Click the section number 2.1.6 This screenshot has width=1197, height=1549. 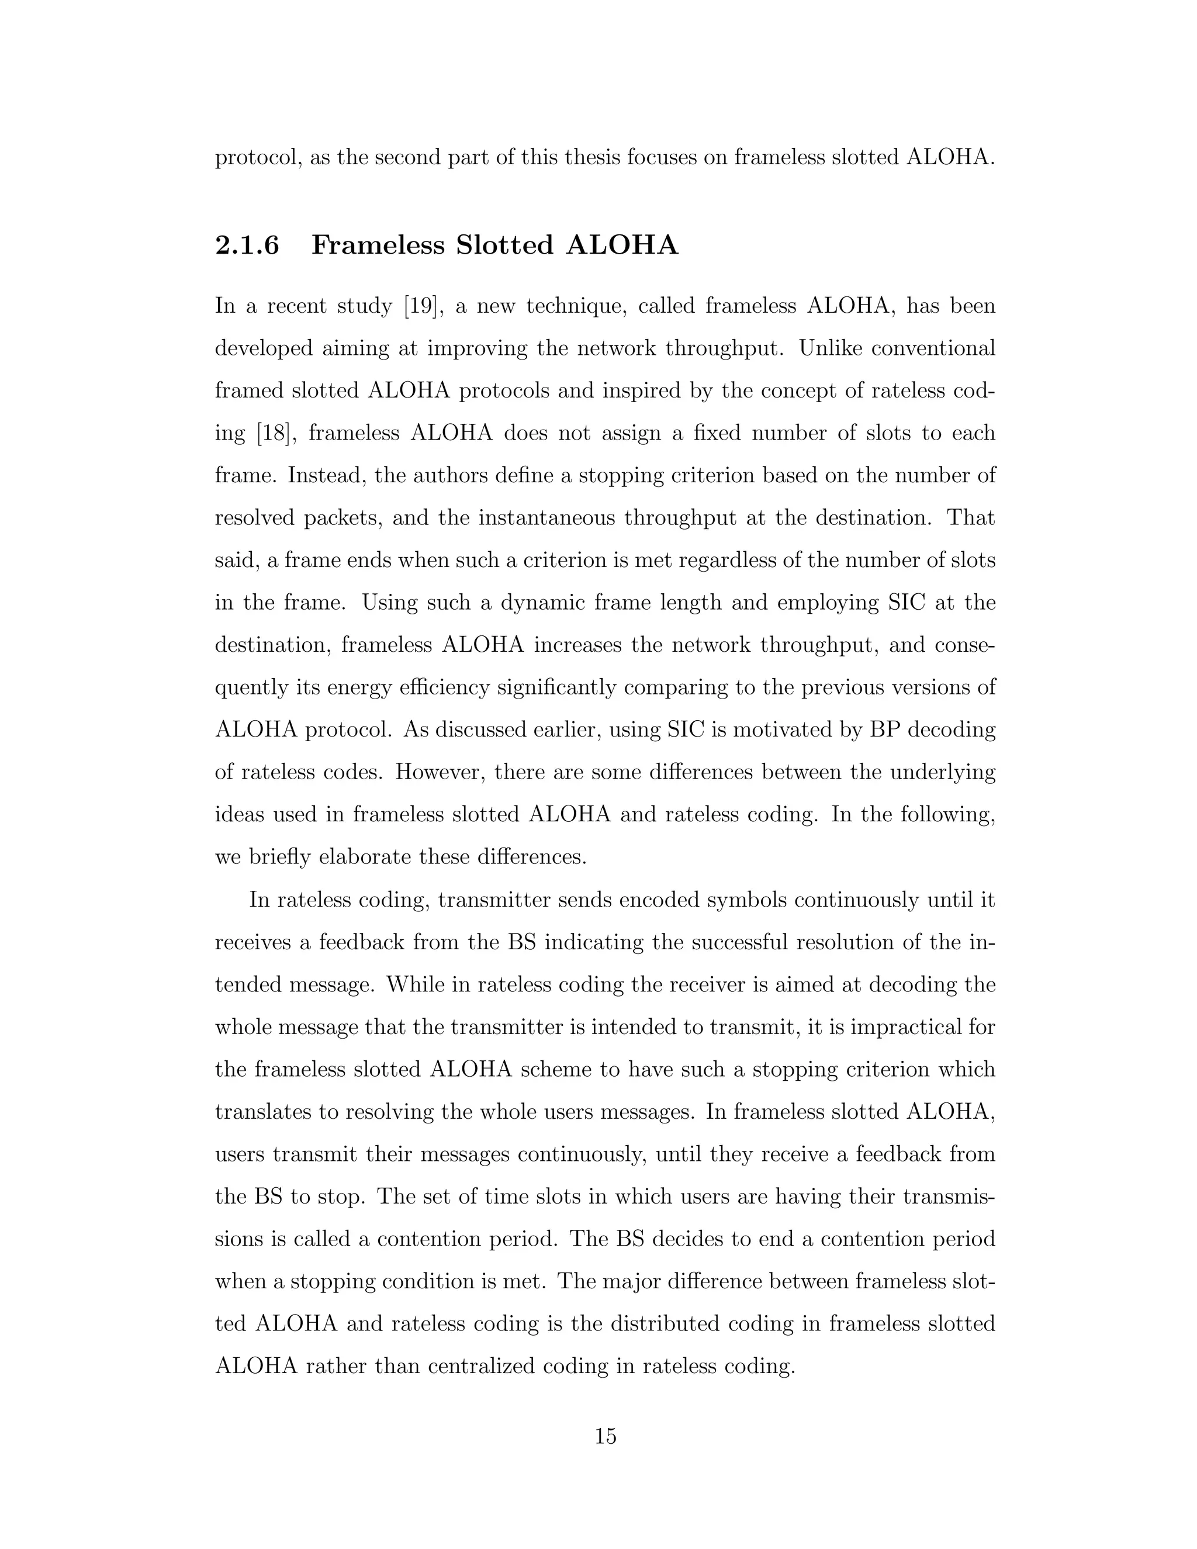pos(247,246)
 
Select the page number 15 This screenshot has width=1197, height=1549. pos(606,1436)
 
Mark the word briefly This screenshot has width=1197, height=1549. pos(281,857)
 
